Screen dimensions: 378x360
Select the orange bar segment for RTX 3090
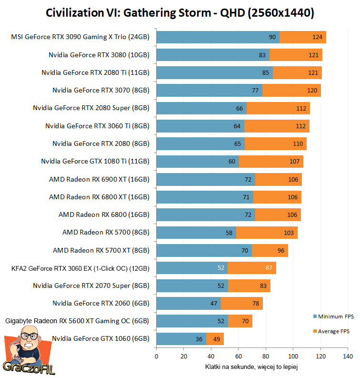[x=302, y=37]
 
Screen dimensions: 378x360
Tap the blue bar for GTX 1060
[x=181, y=339]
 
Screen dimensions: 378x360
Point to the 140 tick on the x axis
[x=348, y=356]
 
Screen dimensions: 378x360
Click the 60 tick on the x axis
[x=238, y=356]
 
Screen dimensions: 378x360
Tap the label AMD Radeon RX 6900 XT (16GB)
[x=99, y=179]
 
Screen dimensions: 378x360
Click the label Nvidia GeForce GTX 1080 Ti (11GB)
[x=95, y=162]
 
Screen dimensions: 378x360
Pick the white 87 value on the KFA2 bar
[x=269, y=268]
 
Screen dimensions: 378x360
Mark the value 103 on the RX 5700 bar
[x=288, y=233]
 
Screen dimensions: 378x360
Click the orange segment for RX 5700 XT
[x=270, y=250]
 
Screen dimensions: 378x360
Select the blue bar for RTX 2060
[x=188, y=303]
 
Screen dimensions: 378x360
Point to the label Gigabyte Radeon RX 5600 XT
[x=77, y=321]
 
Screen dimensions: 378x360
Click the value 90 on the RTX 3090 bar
[x=272, y=37]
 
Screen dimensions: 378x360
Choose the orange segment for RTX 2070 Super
[x=249, y=286]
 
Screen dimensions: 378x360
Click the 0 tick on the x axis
[x=156, y=356]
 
